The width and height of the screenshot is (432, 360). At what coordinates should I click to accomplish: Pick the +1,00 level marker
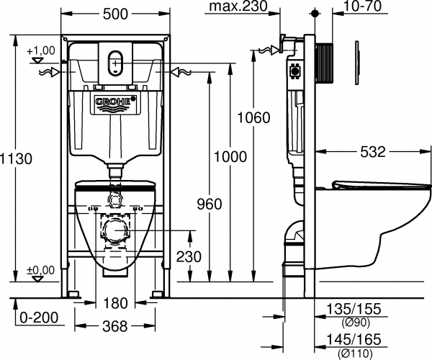(x=40, y=51)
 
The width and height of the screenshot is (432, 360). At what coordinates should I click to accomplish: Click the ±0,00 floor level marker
(x=40, y=269)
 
